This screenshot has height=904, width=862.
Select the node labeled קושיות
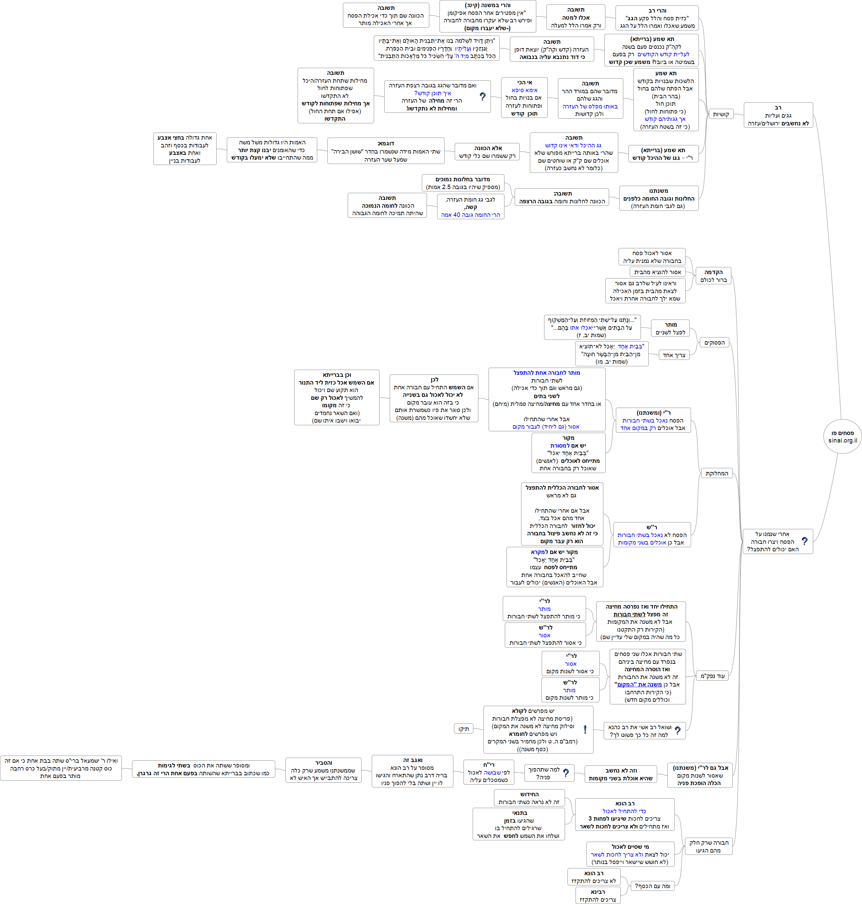721,115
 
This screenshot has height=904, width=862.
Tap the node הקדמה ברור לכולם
713,276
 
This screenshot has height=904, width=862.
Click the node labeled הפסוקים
714,343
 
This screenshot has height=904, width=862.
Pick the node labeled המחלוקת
716,473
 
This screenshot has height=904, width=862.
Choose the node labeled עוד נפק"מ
712,676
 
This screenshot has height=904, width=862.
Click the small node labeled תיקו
463,729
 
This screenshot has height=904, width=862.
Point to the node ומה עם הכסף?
652,886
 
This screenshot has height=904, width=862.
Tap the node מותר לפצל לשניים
670,328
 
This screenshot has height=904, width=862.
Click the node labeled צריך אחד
674,355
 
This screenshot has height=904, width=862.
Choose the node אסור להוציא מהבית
657,272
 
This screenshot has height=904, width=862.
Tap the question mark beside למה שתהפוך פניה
566,774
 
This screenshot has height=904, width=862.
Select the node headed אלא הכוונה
487,152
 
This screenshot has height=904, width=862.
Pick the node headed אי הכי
524,98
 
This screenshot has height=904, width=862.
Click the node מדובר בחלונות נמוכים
463,183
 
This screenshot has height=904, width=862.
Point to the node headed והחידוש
529,798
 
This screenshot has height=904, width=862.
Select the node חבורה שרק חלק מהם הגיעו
709,846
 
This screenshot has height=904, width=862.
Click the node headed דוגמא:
386,151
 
